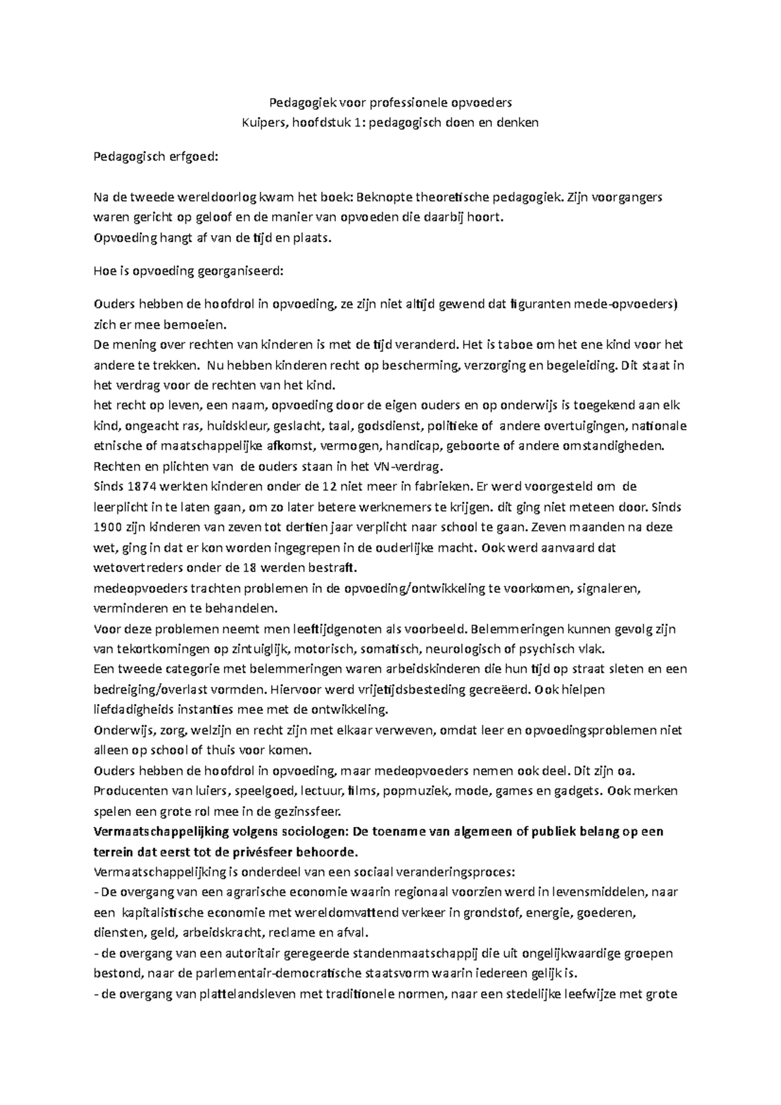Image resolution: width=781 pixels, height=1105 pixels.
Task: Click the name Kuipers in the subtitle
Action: click(x=262, y=122)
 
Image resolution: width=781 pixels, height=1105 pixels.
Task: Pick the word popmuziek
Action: click(x=417, y=791)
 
